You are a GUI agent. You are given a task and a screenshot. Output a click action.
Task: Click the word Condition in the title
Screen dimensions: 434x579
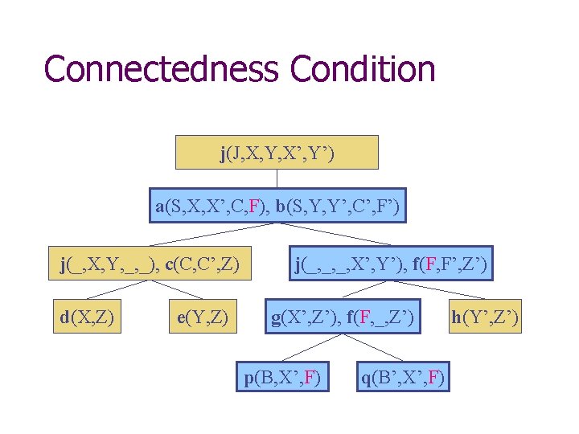pos(363,69)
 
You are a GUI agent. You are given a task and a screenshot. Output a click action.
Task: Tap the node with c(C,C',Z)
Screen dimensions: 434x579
pos(150,264)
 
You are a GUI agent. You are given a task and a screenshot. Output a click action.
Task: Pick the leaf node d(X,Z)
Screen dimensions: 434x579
pos(87,318)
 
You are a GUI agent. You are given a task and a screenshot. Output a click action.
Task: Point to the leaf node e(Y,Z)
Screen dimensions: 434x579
pos(203,318)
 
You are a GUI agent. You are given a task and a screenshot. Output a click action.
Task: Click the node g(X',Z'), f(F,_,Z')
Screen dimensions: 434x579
pos(343,318)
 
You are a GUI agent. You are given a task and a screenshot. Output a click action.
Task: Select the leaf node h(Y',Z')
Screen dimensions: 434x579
pos(485,318)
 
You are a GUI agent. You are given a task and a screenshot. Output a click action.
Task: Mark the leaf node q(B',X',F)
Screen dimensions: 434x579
pos(403,377)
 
